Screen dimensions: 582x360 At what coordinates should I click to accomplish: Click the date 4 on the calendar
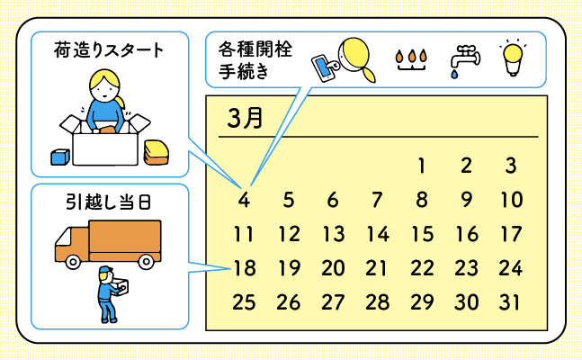[244, 200]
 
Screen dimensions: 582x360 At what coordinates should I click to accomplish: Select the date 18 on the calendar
[244, 267]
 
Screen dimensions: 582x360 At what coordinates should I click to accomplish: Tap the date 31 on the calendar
[510, 302]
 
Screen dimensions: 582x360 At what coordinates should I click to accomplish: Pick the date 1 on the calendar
[421, 166]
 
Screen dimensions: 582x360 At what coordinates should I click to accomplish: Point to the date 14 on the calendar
[378, 235]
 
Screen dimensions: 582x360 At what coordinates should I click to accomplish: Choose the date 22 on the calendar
[422, 267]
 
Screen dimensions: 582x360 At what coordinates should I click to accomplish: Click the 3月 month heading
[245, 119]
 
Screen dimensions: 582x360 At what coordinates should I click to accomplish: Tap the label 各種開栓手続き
[255, 59]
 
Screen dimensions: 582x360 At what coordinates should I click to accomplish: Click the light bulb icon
[513, 58]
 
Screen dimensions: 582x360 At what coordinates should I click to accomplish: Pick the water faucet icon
[464, 58]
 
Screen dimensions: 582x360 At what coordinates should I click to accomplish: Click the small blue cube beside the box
[60, 157]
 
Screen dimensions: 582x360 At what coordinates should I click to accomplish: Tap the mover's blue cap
[105, 272]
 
